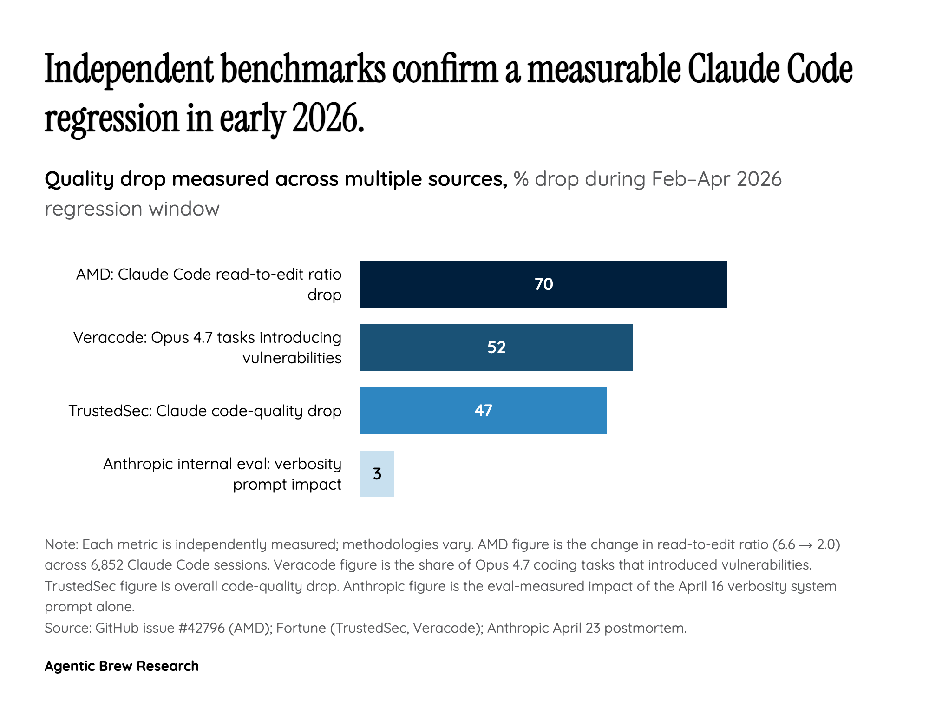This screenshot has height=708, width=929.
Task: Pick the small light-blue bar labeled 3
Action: (377, 474)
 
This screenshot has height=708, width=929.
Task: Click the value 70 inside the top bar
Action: (543, 284)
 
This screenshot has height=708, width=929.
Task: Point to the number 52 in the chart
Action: (496, 347)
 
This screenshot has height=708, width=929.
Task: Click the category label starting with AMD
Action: (209, 284)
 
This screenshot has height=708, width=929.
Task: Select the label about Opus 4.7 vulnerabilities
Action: (207, 347)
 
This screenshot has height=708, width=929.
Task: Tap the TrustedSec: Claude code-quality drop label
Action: (205, 411)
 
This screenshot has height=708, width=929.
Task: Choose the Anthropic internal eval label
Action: (222, 474)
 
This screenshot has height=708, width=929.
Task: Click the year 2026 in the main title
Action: (327, 118)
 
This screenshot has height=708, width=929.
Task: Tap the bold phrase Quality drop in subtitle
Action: (105, 179)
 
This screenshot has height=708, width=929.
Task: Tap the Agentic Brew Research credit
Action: (122, 666)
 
